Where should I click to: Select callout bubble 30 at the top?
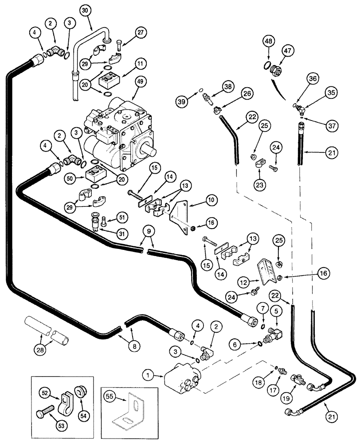coord(86,11)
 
